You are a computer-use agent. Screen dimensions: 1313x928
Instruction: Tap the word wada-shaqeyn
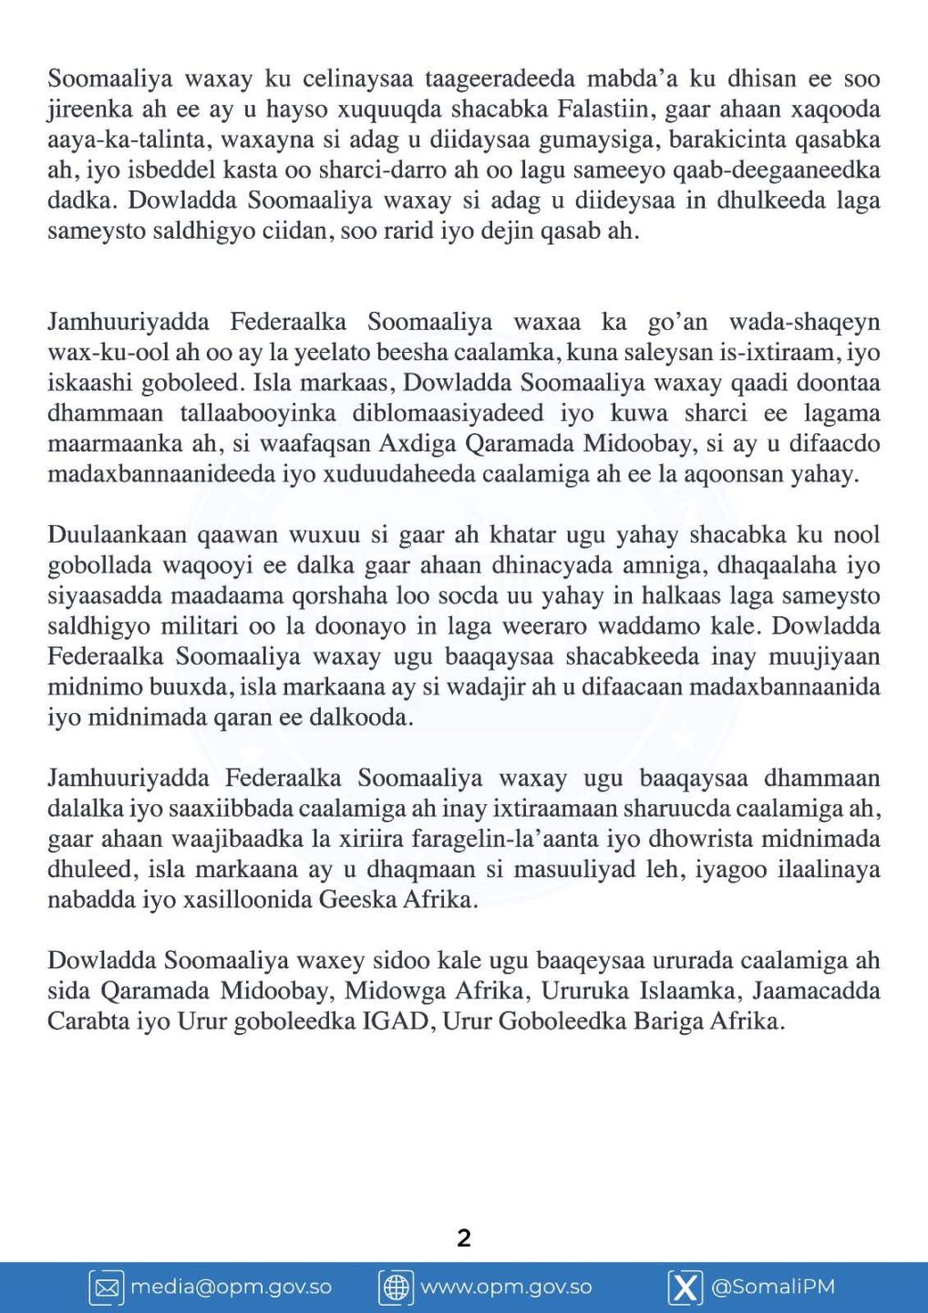click(x=804, y=322)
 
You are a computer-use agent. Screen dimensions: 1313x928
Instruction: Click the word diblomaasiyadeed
click(x=449, y=413)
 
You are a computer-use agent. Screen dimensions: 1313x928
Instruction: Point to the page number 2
click(x=464, y=1237)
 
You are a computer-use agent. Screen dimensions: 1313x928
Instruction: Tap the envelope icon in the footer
click(x=107, y=1287)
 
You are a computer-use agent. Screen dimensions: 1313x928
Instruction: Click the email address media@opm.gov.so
click(x=231, y=1287)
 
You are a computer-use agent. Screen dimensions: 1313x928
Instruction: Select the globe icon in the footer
click(x=396, y=1287)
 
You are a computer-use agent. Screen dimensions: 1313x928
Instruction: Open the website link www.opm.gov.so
click(x=506, y=1287)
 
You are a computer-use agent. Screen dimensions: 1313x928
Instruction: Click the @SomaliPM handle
click(x=772, y=1287)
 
